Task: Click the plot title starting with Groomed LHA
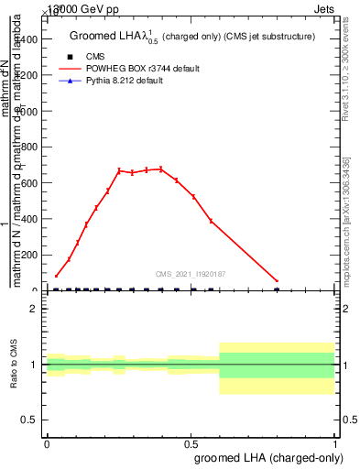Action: [x=192, y=37]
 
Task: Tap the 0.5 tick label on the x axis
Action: [x=191, y=443]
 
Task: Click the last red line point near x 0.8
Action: [x=278, y=281]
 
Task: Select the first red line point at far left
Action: [x=56, y=276]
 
